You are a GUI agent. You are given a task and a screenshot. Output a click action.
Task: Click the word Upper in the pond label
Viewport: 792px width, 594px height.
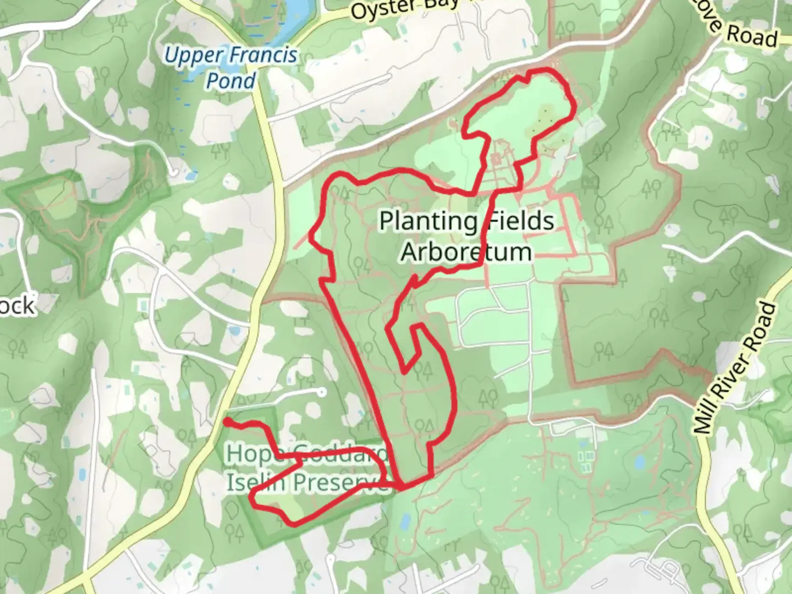tap(194, 56)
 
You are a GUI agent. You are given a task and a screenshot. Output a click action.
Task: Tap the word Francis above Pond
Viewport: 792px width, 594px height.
tap(262, 56)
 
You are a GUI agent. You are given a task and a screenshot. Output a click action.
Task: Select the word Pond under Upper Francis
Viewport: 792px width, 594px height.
tap(231, 81)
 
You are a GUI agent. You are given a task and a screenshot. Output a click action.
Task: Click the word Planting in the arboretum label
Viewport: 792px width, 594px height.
tap(428, 221)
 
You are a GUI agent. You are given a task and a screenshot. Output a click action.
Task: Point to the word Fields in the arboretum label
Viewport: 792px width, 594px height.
tap(520, 221)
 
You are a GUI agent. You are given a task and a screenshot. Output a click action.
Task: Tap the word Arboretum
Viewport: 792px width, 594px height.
tap(466, 252)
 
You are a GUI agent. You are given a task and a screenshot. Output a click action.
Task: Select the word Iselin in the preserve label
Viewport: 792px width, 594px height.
tap(256, 482)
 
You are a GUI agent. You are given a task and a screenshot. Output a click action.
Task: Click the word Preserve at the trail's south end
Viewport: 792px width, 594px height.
tap(339, 482)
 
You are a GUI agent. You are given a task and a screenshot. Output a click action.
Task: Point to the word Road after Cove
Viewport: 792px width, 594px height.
tap(752, 36)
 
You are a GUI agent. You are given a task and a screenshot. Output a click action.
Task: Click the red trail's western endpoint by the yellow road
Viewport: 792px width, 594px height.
tap(227, 421)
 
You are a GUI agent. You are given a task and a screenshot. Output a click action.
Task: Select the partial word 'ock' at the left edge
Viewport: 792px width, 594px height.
tap(18, 305)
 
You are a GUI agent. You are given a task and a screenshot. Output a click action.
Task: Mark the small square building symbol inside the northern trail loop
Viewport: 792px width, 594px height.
tap(496, 159)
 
